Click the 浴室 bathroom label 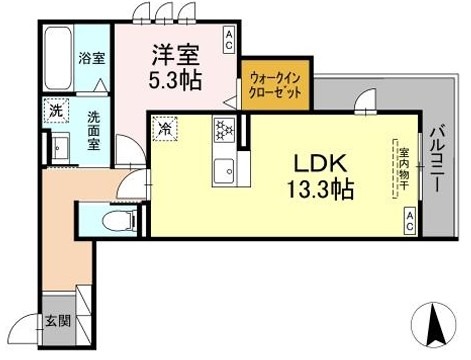(x=92, y=58)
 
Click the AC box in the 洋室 (x=228, y=41)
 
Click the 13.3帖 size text (x=319, y=189)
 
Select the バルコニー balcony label (x=438, y=159)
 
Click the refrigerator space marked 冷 (x=164, y=128)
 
